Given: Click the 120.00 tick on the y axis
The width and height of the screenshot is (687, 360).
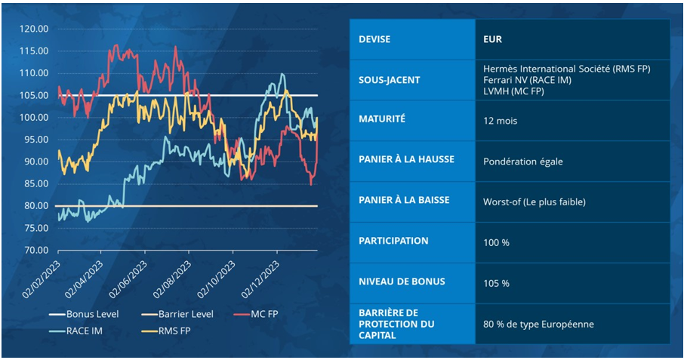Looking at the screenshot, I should [32, 29].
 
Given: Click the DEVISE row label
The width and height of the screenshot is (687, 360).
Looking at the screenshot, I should [375, 39].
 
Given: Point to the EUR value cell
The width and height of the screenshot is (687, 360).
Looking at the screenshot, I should [493, 39].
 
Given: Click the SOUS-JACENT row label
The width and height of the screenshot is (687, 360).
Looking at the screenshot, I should [390, 79].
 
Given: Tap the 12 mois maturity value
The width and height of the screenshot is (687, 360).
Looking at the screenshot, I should [500, 120].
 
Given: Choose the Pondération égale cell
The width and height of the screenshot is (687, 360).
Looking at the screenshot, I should [522, 161].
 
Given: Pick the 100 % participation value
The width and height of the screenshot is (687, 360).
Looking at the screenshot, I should [497, 242].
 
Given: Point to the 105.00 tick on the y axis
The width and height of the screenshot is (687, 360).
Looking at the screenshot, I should [32, 96].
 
